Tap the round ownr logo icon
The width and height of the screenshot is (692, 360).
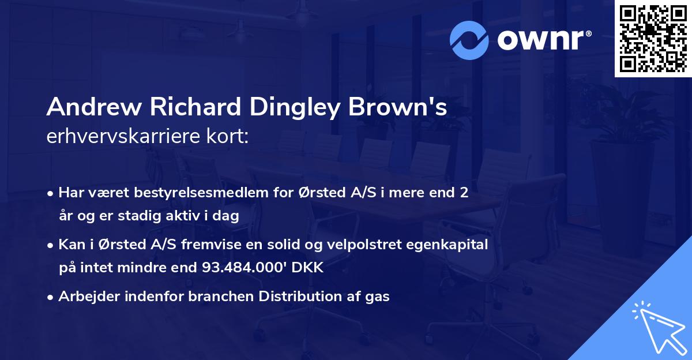coord(469,39)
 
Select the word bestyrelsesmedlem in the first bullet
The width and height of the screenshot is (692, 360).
coord(186,193)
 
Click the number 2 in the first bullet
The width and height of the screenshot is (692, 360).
coord(463,193)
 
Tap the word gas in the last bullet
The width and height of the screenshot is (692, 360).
coord(377,297)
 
